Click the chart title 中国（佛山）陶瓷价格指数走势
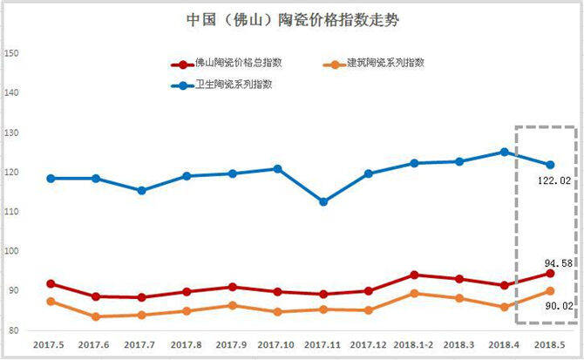pos(293,18)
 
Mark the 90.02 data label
pos(554,306)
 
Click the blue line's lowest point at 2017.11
pos(323,201)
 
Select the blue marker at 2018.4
pos(505,152)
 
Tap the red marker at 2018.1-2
pos(414,275)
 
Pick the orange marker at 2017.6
pos(97,316)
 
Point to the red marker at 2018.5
pos(550,274)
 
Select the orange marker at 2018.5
pos(550,291)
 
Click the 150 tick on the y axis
pos(11,53)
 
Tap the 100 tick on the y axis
pos(11,251)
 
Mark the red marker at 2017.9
pos(233,287)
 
